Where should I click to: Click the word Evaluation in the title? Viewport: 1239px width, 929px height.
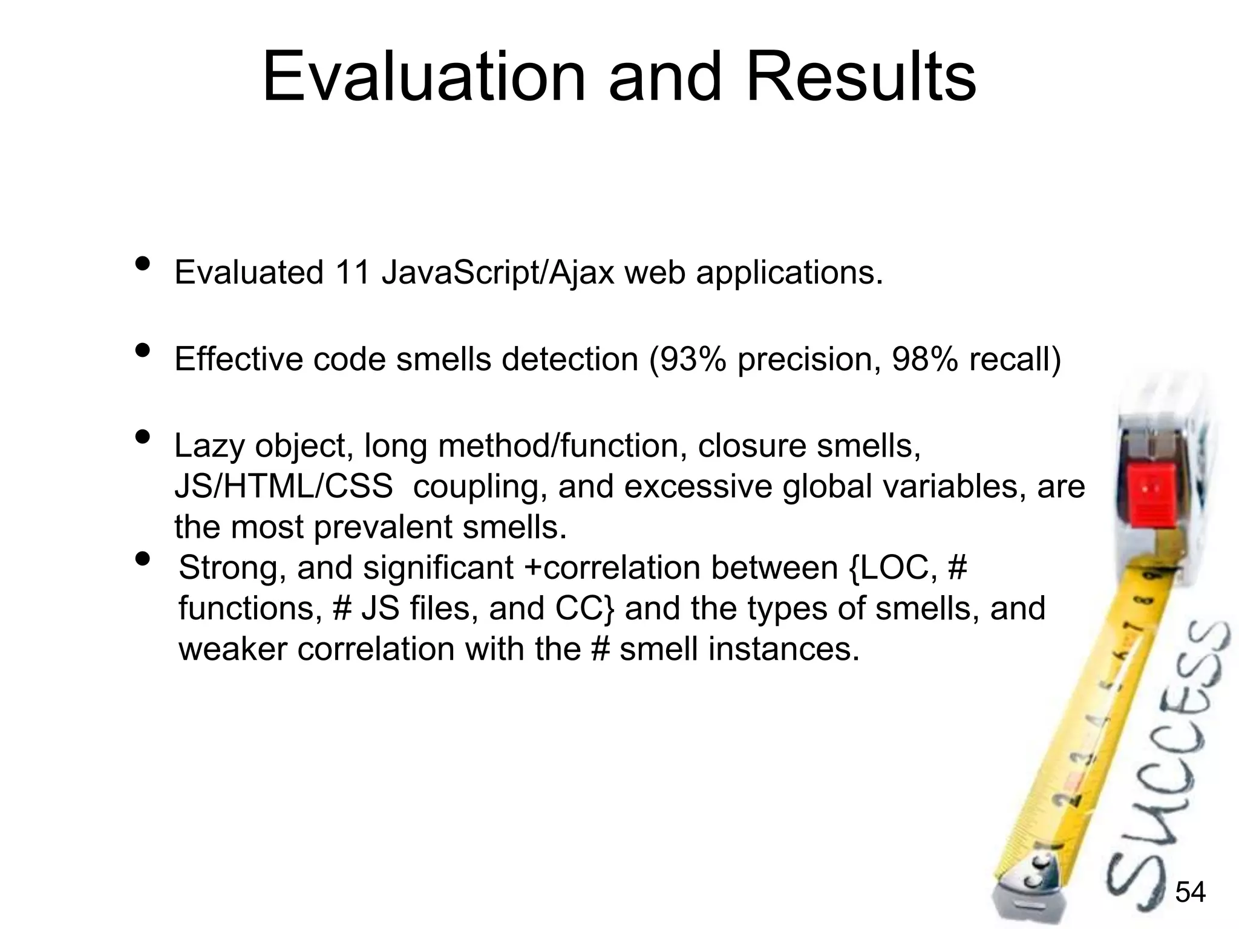(423, 77)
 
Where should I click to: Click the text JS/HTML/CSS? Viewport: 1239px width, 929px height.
(283, 487)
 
